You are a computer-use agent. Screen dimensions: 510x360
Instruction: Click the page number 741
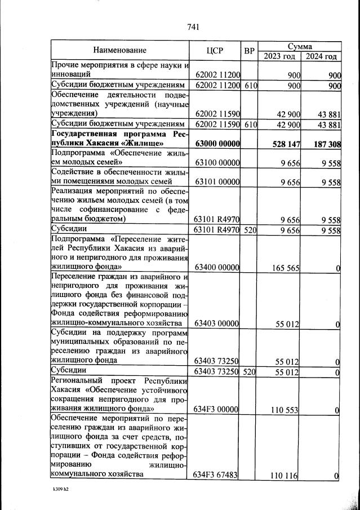coord(193,26)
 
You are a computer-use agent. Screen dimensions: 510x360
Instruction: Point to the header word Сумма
coord(300,46)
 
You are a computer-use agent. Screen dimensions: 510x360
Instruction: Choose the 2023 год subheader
coord(279,56)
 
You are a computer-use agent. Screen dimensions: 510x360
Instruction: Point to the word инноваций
coord(70,74)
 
